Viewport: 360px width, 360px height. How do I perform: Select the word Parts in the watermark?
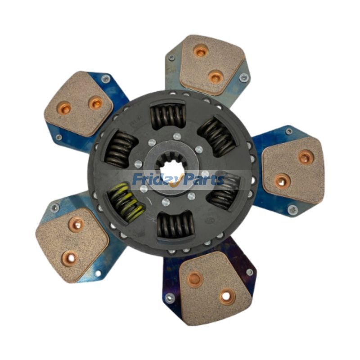point(203,180)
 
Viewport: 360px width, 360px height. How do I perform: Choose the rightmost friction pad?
point(293,169)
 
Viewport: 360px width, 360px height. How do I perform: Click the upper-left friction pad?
point(79,103)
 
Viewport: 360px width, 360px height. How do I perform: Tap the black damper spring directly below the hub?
point(175,225)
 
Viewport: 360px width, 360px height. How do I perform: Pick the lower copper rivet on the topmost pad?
point(215,77)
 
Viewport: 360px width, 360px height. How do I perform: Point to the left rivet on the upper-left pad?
point(64,108)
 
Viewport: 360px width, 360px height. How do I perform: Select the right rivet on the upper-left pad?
point(95,103)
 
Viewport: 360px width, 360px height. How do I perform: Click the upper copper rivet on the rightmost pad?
point(306,157)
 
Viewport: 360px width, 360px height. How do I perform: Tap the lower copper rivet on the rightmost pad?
point(282,180)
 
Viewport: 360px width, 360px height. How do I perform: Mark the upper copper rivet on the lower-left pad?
point(75,224)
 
